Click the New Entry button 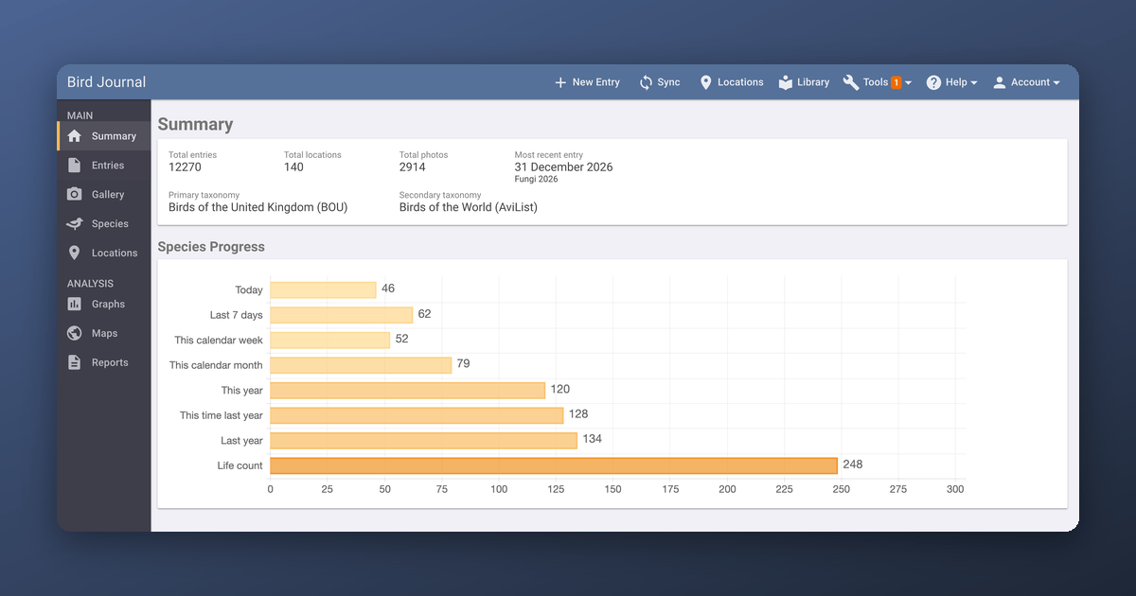(x=587, y=82)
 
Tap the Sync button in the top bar (x=660, y=82)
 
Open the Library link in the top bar (x=805, y=82)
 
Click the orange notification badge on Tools (x=896, y=82)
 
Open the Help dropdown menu (x=951, y=82)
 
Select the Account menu (x=1026, y=82)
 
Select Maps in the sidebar (x=104, y=333)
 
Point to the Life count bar (x=554, y=465)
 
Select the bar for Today (x=323, y=289)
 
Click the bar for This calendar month (x=361, y=365)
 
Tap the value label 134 (x=593, y=439)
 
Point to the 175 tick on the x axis (x=670, y=489)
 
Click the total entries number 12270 (x=185, y=167)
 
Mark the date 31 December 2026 (x=563, y=167)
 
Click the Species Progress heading (x=211, y=247)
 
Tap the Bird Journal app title (x=106, y=82)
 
